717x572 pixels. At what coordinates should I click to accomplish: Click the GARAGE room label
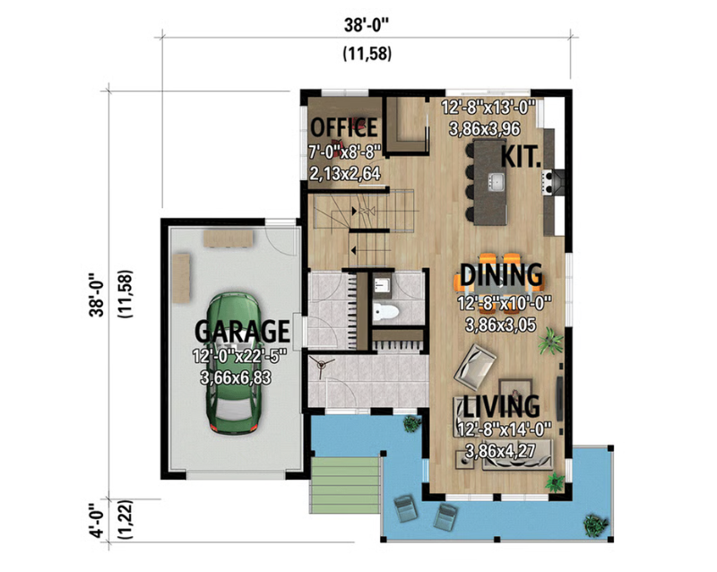click(242, 331)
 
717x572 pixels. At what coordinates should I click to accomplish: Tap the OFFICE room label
click(344, 127)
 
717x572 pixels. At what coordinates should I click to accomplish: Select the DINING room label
click(501, 275)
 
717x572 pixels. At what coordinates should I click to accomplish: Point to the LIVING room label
click(501, 406)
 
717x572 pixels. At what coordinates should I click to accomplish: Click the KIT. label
click(522, 157)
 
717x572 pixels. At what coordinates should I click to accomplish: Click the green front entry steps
click(345, 485)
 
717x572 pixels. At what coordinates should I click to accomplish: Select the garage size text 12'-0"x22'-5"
click(239, 356)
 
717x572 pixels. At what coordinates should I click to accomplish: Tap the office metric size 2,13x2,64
click(345, 174)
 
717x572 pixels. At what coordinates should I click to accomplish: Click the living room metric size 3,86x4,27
click(500, 451)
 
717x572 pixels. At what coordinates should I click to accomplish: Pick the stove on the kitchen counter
click(548, 182)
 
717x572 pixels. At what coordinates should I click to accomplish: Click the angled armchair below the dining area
click(475, 367)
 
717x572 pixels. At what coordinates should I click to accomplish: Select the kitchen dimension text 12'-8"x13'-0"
click(488, 108)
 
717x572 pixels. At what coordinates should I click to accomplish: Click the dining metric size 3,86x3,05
click(500, 325)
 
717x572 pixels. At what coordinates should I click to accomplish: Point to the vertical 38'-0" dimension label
click(98, 295)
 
